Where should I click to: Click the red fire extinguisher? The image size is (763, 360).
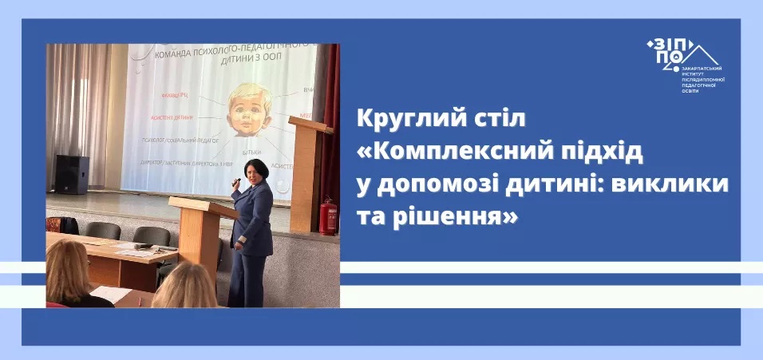click(x=327, y=216)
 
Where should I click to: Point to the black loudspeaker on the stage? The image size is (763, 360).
click(x=71, y=174)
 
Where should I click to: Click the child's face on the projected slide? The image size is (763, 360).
click(x=248, y=111)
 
